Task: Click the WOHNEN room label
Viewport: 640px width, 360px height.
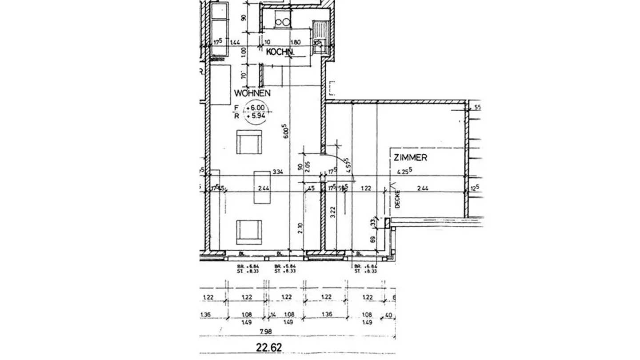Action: tap(252, 93)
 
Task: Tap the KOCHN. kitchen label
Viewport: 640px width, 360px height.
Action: tap(280, 52)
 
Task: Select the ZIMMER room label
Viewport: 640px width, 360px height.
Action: tap(410, 157)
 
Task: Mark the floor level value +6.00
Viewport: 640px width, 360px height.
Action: tap(258, 108)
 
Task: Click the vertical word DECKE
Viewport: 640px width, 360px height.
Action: tap(398, 199)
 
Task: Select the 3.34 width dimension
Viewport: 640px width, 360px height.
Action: tap(278, 171)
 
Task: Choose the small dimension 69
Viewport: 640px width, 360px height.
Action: tap(372, 239)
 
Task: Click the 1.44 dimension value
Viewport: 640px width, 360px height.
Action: tap(235, 42)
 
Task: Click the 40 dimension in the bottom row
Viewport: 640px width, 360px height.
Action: tap(389, 315)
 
